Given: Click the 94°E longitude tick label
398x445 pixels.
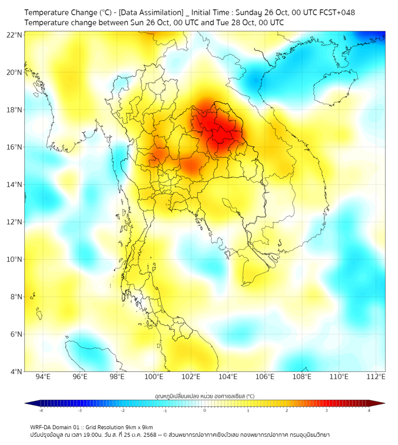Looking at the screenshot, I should point(42,377).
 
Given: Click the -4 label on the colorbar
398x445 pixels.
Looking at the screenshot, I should point(41,410).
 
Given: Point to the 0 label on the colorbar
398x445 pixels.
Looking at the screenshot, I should point(205,410).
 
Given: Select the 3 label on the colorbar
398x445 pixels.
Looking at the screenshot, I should point(327,410).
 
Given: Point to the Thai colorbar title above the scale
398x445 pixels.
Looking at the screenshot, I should point(204,396).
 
